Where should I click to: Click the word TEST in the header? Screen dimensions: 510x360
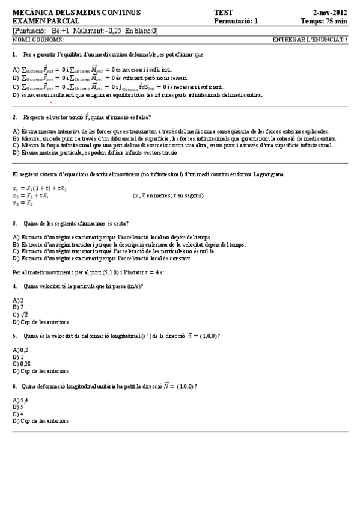click(223, 12)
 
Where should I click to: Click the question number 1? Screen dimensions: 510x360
click(14, 54)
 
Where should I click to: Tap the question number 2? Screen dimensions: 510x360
click(14, 117)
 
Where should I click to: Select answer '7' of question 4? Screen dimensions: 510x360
click(22, 307)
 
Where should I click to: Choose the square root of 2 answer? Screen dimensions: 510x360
click(23, 314)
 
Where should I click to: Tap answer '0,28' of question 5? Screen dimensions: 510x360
click(25, 364)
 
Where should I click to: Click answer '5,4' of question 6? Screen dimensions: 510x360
click(23, 399)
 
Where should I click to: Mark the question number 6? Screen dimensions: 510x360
click(14, 386)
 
